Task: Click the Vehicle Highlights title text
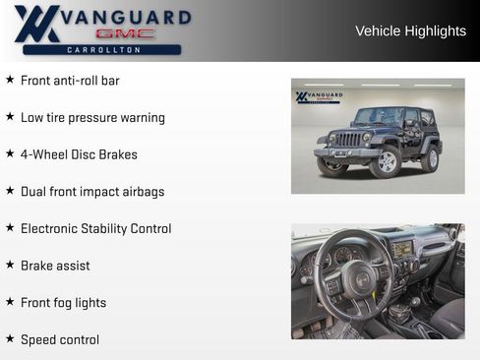410,31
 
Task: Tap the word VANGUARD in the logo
125,18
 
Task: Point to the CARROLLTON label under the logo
102,49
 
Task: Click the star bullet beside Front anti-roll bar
10,80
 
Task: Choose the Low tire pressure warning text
92,118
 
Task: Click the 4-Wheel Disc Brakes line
79,154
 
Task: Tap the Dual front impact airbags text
92,192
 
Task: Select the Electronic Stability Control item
95,228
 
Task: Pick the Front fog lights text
63,303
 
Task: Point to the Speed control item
60,340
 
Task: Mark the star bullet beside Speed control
10,339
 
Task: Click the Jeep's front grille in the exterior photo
348,140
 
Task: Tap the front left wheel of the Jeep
386,162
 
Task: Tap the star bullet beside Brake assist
10,265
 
